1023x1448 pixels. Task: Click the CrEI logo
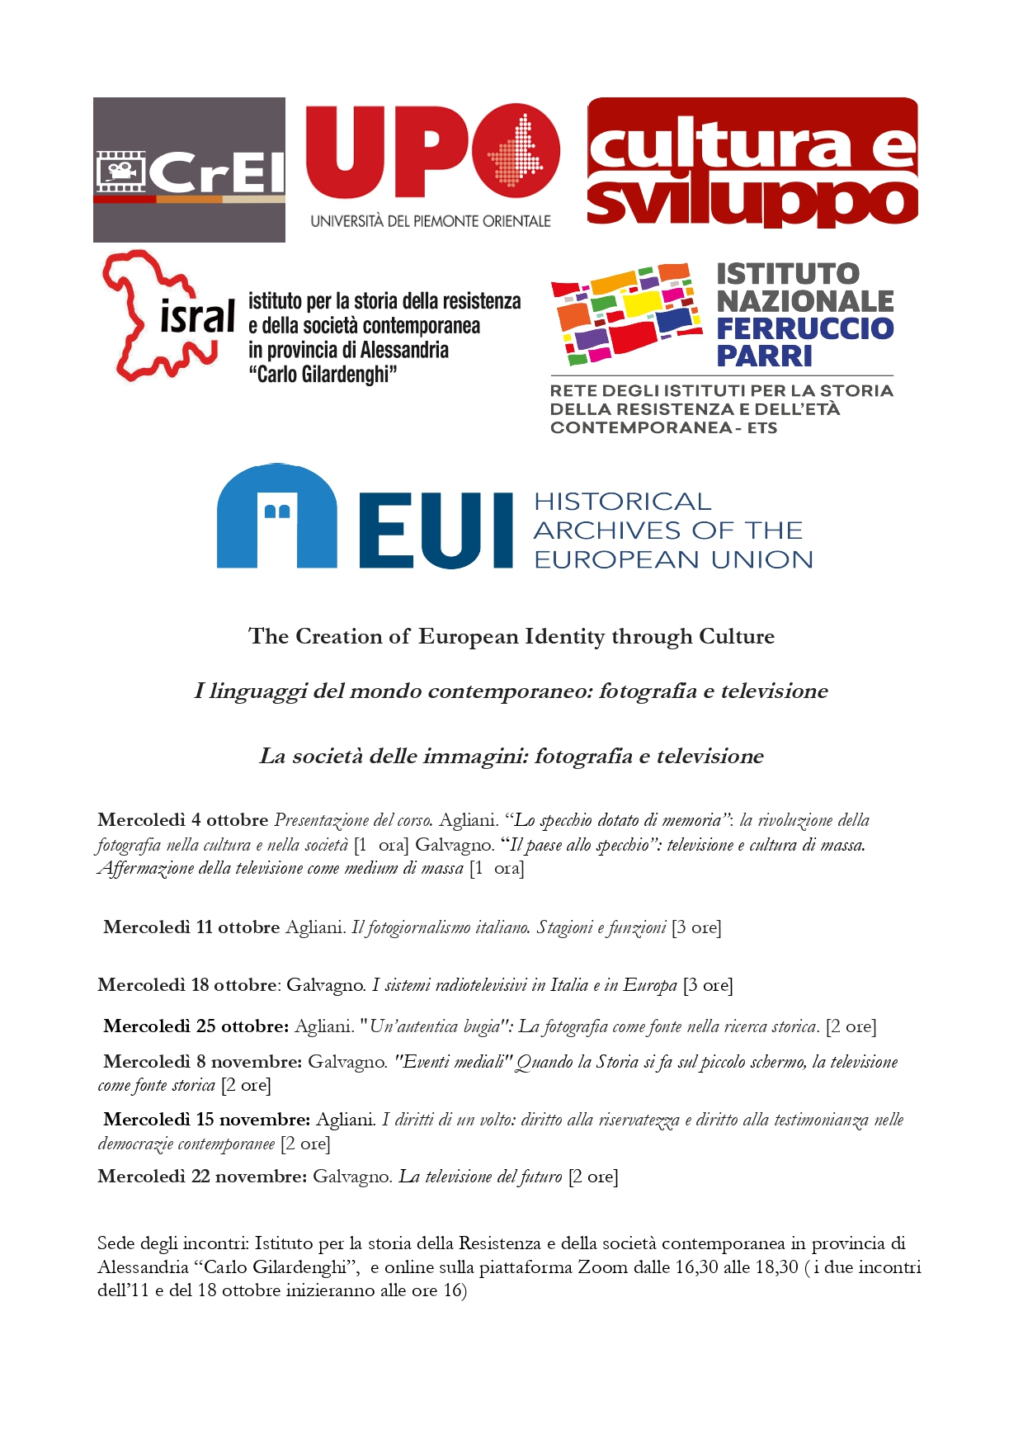tap(189, 170)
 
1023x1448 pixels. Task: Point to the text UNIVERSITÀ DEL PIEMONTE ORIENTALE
tap(431, 221)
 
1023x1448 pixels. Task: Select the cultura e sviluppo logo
tap(752, 163)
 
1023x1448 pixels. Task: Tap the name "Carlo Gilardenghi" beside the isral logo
tap(323, 375)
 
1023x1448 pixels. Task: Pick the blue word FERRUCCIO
tap(804, 328)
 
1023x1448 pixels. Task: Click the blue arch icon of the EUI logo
tap(276, 517)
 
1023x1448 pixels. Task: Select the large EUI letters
tap(436, 531)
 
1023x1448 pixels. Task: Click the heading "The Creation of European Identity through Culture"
tap(511, 636)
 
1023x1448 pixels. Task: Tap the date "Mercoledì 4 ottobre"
tap(183, 820)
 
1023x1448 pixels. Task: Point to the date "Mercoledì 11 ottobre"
tap(191, 927)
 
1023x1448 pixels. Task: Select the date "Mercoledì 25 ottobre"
tap(196, 1026)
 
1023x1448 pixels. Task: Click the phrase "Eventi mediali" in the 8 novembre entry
tap(455, 1062)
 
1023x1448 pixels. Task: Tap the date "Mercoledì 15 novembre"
tap(206, 1120)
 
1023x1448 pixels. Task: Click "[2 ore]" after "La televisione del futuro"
tap(593, 1177)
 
